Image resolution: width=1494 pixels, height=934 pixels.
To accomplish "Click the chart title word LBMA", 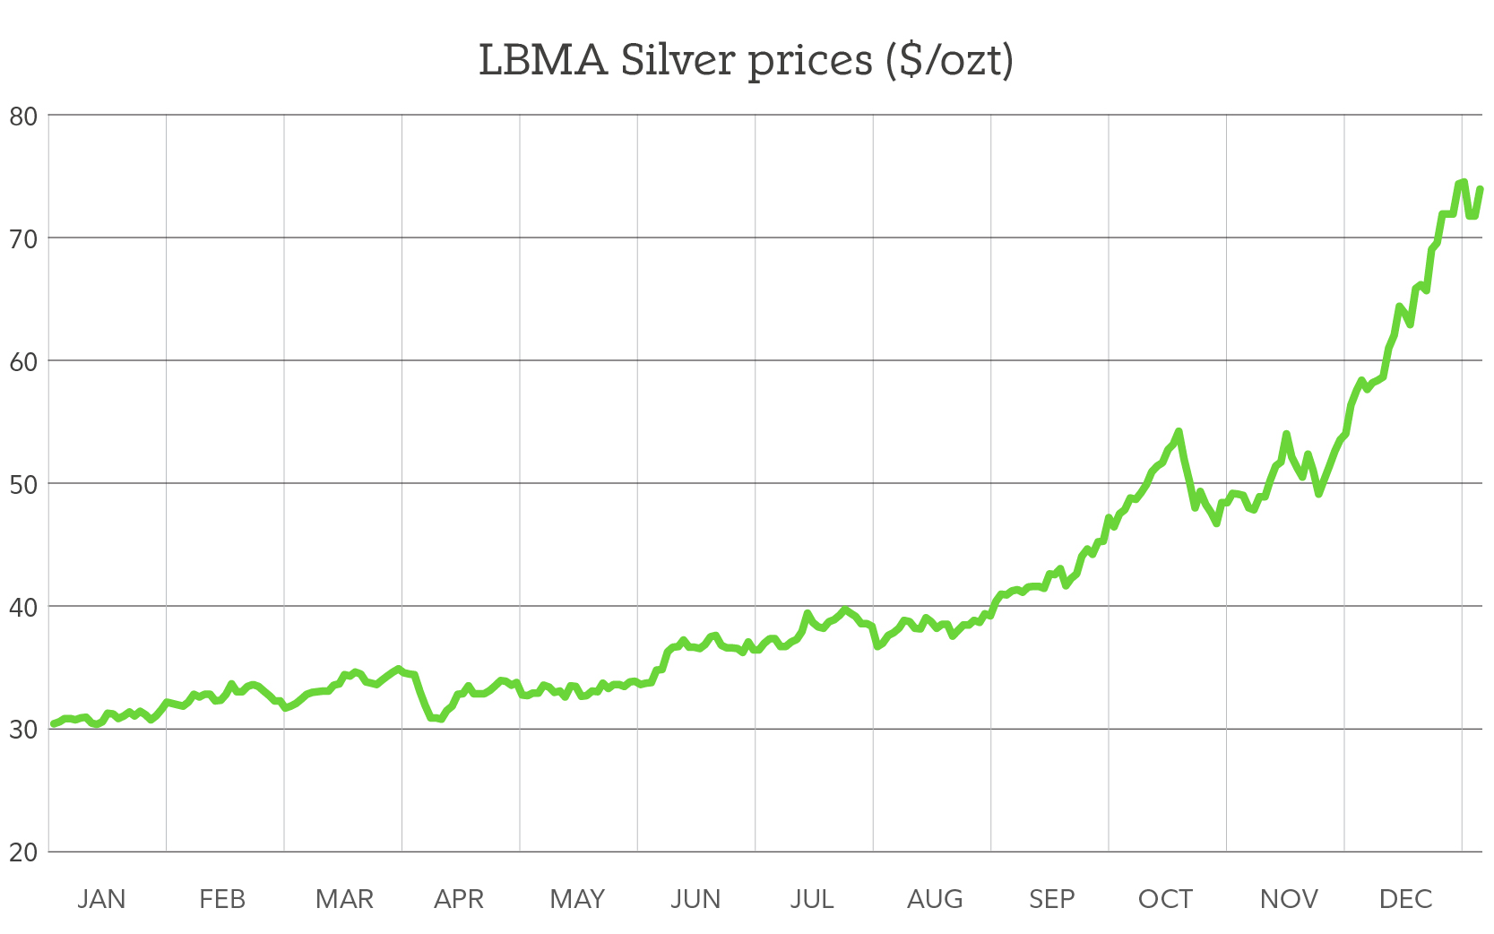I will (x=542, y=61).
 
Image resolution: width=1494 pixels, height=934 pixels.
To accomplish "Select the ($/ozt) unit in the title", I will (x=949, y=61).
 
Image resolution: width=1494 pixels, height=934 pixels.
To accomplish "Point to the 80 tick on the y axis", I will (x=23, y=116).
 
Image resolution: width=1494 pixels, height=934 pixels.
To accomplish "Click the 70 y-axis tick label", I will (x=23, y=238).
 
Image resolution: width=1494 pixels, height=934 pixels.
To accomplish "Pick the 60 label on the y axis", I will (x=23, y=361).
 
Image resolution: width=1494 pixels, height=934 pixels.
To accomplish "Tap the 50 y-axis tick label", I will (x=23, y=484).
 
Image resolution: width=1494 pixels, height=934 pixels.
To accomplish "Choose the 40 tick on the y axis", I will (x=23, y=607).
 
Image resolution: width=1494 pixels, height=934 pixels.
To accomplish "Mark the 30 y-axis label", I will (x=23, y=730).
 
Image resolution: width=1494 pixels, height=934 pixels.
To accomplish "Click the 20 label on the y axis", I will (x=23, y=852).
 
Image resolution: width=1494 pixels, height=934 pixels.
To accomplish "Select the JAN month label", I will (x=101, y=899).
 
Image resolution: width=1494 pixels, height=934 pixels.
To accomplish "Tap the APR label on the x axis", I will (x=459, y=899).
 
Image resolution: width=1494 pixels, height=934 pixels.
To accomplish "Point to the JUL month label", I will (x=812, y=899).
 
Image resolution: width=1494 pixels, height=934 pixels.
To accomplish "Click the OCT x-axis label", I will (x=1165, y=899).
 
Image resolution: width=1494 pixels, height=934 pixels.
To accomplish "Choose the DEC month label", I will (x=1405, y=899).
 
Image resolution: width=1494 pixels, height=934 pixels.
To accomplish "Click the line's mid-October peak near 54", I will (x=1179, y=432).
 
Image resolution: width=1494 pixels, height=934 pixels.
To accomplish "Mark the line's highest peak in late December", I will (x=1463, y=182).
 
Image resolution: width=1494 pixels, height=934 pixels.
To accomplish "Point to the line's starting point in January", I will (x=53, y=723).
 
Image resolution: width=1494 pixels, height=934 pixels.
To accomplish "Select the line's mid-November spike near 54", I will (x=1286, y=435).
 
